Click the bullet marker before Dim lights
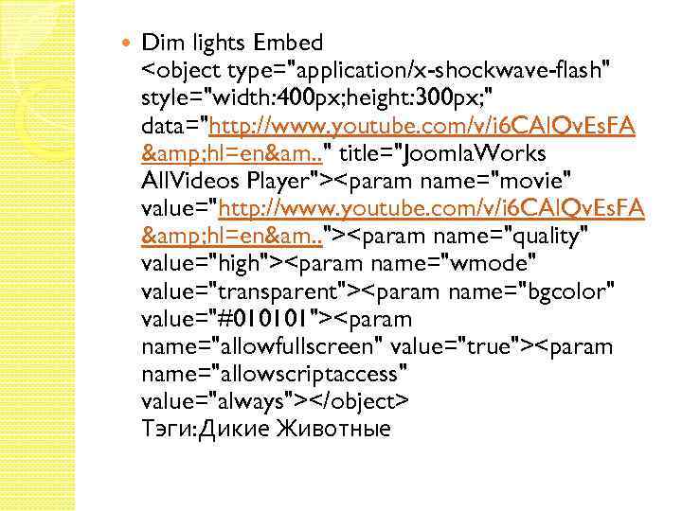coord(129,43)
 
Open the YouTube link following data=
coord(422,126)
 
